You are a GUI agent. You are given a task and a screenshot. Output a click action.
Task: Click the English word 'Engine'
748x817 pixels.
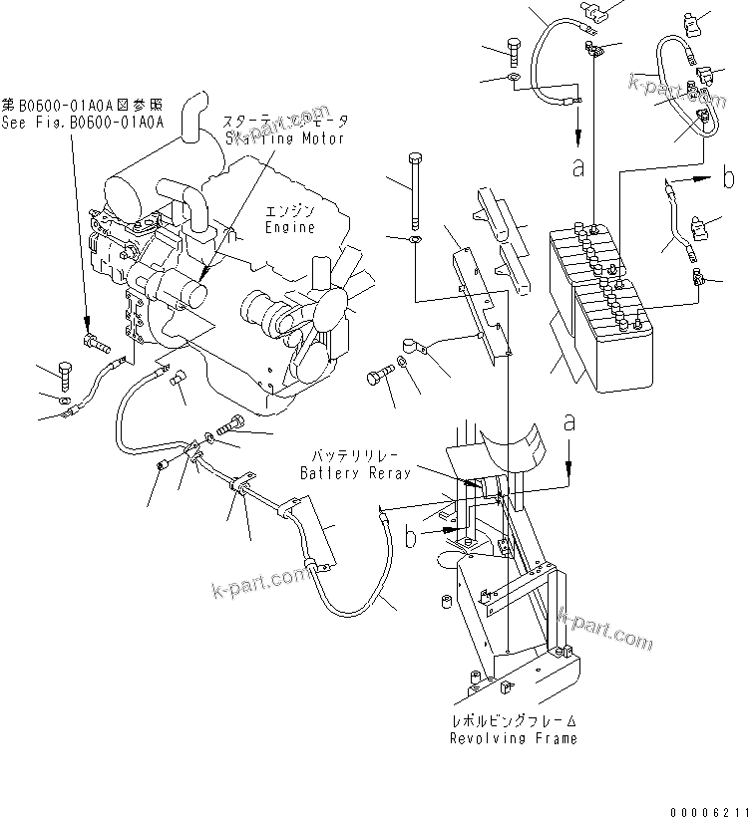click(x=289, y=228)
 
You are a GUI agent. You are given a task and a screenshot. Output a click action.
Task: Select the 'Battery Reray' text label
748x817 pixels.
click(x=356, y=473)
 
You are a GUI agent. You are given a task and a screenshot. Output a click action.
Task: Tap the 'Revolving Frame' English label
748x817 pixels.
click(x=513, y=738)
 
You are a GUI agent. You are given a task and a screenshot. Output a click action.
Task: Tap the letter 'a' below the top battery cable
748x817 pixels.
click(x=577, y=167)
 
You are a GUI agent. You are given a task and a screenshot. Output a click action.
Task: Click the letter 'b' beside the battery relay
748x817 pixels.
click(x=411, y=538)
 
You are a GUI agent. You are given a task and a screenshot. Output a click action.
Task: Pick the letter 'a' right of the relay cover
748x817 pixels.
click(x=569, y=422)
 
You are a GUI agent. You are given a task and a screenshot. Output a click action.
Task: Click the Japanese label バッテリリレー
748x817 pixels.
click(x=356, y=457)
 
